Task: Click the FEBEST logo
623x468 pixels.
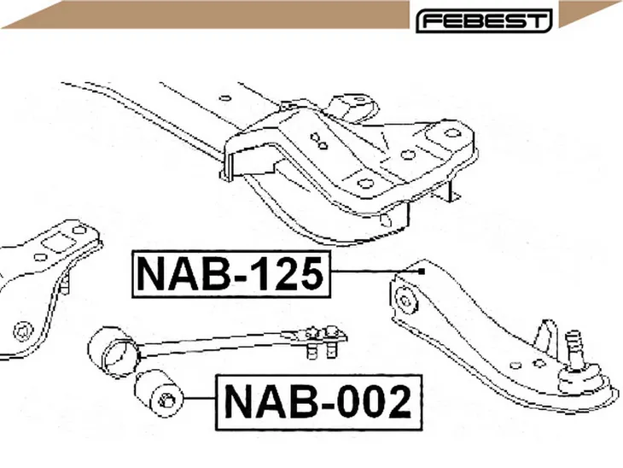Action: point(484,20)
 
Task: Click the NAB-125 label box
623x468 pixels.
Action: point(231,274)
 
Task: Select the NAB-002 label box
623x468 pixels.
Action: point(318,402)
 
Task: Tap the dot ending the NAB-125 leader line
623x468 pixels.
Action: point(422,272)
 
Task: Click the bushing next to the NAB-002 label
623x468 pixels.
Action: point(160,393)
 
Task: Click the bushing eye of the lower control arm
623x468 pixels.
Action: point(406,301)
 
